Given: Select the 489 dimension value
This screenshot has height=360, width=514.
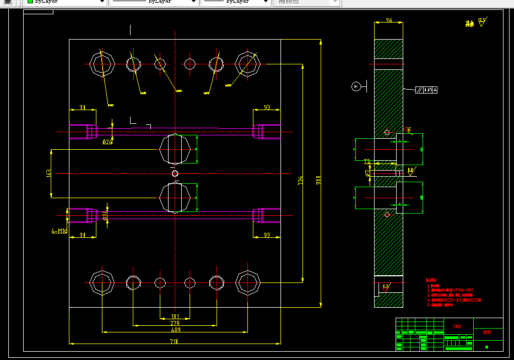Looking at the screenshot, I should pos(175,330).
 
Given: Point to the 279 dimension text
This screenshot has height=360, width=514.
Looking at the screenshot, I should pos(175,323).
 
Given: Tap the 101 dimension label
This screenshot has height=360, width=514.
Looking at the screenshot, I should pos(175,317).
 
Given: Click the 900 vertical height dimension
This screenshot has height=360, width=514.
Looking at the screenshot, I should pos(318,180).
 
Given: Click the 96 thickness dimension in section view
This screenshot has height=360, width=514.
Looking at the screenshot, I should pos(388,20).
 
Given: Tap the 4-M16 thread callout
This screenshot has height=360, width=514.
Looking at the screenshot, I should pos(59,231).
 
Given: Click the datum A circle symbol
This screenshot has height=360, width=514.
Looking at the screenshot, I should pos(356,86).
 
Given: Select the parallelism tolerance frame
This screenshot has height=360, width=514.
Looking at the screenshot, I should pos(427,89).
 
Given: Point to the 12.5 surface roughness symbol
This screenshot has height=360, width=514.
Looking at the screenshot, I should pos(482,21).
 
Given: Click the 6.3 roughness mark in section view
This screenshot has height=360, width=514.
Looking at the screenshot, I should pos(385,286).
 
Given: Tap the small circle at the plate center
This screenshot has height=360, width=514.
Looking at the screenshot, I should pos(175,174).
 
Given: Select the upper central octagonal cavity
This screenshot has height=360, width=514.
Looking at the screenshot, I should pos(175,149).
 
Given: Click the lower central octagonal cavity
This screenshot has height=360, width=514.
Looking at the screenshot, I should pos(175,198).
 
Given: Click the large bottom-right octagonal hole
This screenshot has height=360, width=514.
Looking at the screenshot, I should pos(248,282).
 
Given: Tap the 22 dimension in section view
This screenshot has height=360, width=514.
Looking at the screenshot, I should pos(367,161).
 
